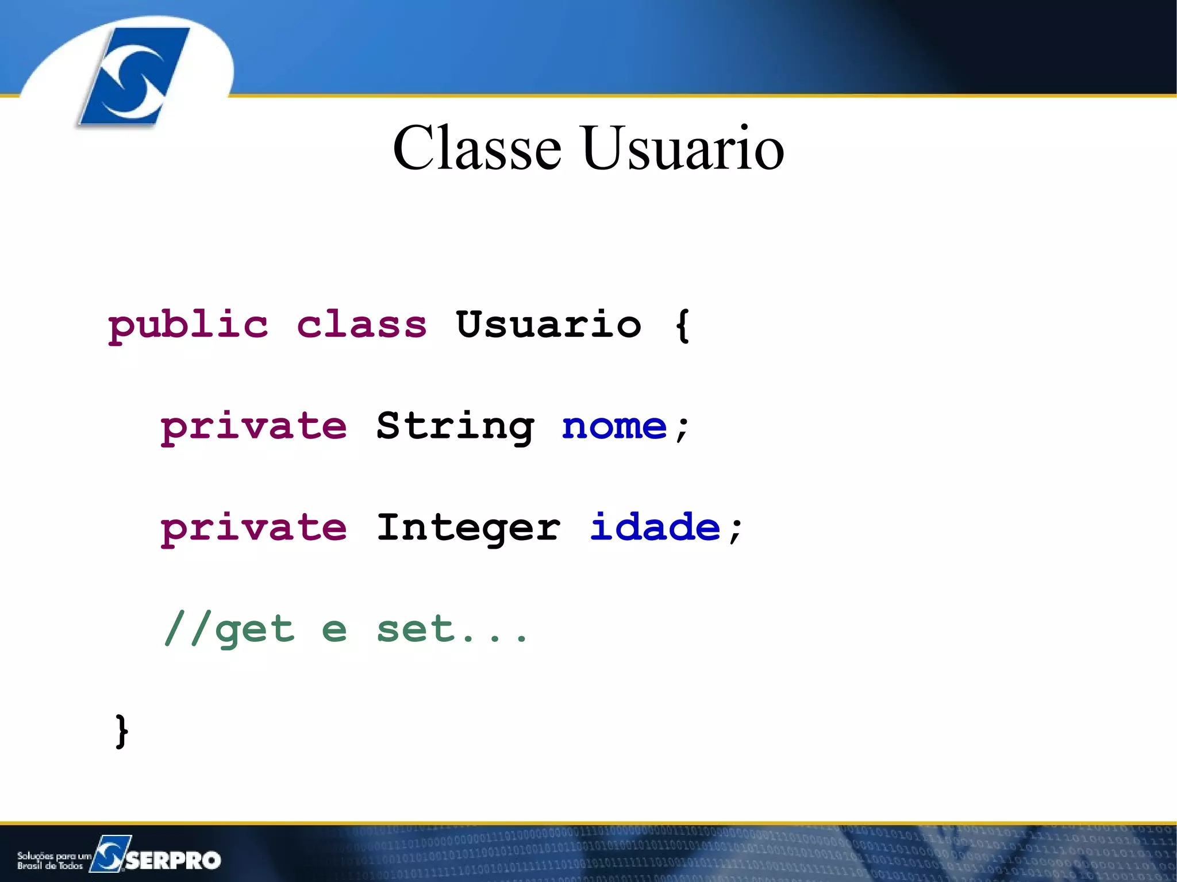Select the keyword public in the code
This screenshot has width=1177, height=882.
click(188, 325)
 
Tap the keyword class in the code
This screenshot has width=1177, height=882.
click(362, 325)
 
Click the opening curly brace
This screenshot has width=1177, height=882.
click(682, 325)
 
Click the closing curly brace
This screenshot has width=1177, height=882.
click(121, 731)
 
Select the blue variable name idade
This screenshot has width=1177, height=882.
click(655, 527)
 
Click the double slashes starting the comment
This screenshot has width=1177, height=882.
click(186, 629)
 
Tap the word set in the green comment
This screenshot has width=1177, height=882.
click(416, 629)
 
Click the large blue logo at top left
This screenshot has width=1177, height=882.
click(135, 76)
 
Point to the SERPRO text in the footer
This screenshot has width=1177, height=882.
click(173, 860)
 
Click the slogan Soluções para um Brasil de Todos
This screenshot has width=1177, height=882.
click(53, 861)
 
